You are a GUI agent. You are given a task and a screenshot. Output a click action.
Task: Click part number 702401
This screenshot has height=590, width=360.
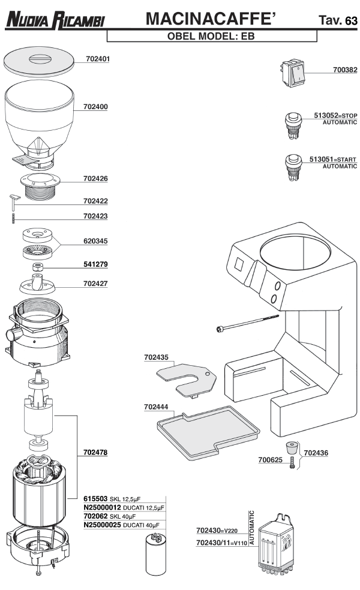point(97,59)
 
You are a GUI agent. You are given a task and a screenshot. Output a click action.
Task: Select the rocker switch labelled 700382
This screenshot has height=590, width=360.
point(296,73)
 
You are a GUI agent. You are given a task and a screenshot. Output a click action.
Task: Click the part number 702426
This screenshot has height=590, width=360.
point(97,179)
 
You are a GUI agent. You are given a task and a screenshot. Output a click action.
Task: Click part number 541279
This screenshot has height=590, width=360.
point(97,264)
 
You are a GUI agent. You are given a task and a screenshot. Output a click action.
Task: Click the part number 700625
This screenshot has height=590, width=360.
point(271,460)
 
